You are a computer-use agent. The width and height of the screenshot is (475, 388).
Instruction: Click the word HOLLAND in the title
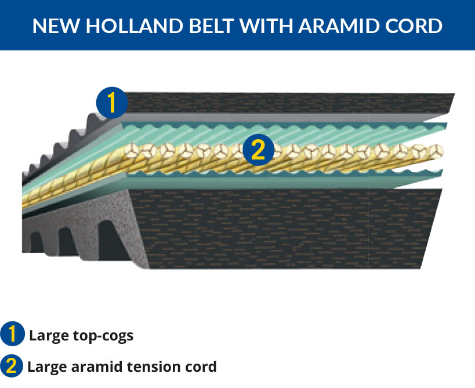click(134, 26)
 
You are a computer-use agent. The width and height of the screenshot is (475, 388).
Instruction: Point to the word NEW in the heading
click(56, 26)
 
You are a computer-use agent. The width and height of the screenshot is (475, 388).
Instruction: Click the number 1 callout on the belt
click(112, 103)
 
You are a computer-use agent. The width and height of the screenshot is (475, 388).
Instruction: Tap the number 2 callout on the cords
click(258, 150)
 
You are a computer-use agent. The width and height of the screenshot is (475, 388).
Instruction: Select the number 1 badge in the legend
click(12, 334)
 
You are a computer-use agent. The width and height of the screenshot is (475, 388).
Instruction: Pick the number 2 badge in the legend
click(12, 365)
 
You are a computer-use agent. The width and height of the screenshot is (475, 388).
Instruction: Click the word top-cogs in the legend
click(103, 336)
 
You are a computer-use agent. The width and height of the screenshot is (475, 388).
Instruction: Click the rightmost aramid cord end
click(435, 151)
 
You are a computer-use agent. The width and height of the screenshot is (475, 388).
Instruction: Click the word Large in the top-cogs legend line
click(49, 336)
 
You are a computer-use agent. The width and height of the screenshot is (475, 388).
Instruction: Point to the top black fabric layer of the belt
click(288, 103)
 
